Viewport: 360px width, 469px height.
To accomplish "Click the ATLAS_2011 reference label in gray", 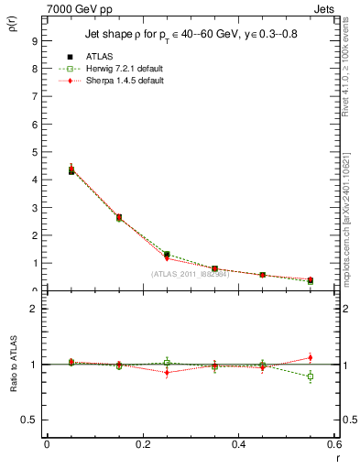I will point(190,274).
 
